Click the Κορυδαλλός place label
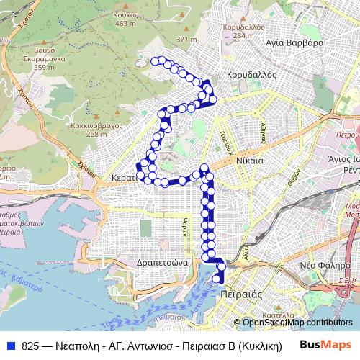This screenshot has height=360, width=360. click(248, 73)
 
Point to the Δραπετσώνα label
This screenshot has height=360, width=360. click(162, 264)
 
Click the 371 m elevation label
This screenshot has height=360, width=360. click(186, 39)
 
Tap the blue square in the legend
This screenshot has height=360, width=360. click(10, 346)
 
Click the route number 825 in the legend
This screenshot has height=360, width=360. click(29, 346)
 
